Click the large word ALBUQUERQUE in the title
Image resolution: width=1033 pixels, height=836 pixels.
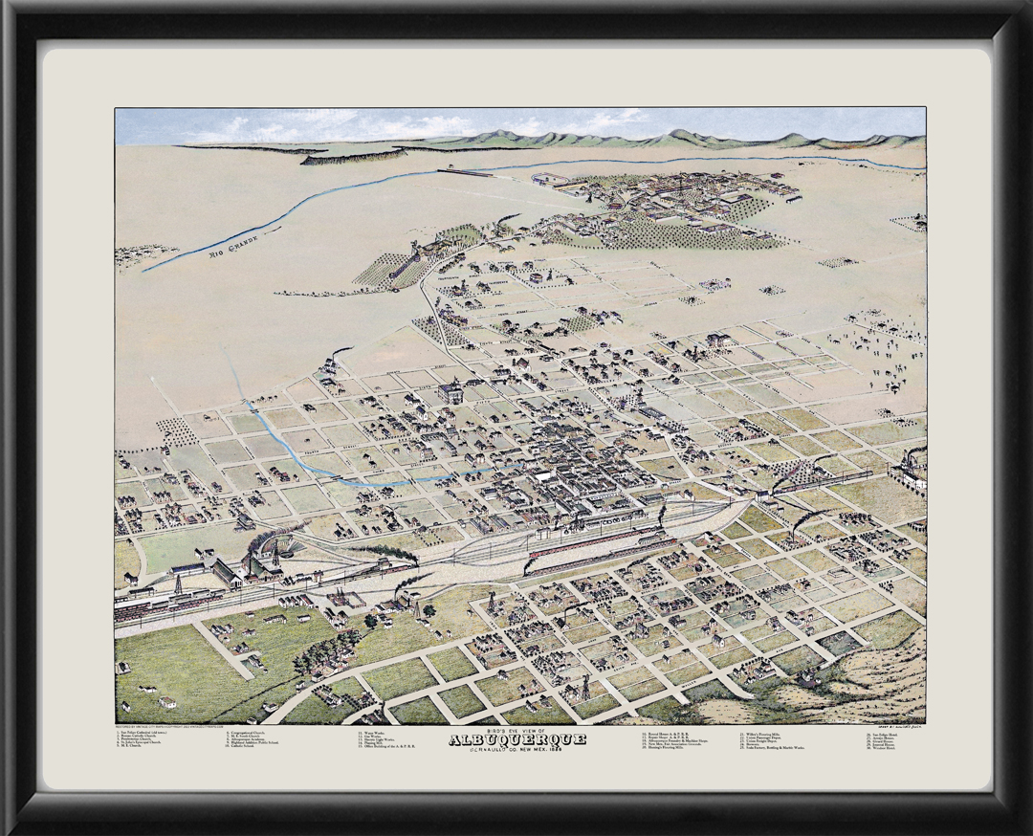tap(516, 739)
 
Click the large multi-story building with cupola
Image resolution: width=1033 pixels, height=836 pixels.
tap(450, 391)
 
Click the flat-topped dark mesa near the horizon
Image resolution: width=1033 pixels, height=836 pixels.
tap(354, 155)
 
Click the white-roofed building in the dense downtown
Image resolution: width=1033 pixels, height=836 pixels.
tap(546, 475)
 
